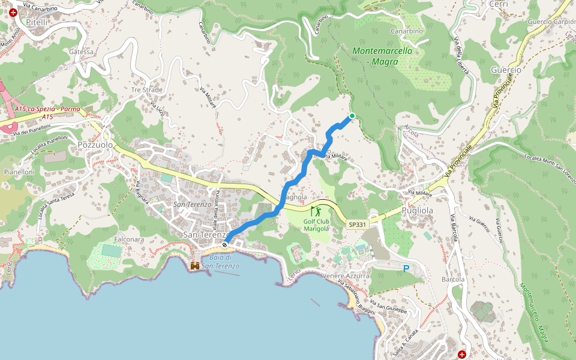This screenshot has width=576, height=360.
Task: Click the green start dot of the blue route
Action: (352, 116)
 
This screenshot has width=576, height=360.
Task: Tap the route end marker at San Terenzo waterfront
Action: (224, 244)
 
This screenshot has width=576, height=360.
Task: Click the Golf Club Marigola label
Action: (316, 224)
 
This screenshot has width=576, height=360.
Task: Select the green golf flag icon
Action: (316, 211)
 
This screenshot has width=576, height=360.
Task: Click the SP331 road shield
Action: (357, 224)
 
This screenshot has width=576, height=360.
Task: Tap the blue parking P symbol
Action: (406, 269)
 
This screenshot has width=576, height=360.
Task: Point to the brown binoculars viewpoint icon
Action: (195, 265)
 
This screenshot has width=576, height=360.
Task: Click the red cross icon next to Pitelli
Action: (13, 12)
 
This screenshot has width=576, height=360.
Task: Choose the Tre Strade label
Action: (147, 90)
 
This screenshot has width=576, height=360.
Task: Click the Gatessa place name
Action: (81, 52)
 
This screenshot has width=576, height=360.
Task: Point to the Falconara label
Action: (127, 238)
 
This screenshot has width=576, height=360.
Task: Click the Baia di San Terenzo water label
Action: (220, 262)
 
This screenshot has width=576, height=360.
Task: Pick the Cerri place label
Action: (499, 4)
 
